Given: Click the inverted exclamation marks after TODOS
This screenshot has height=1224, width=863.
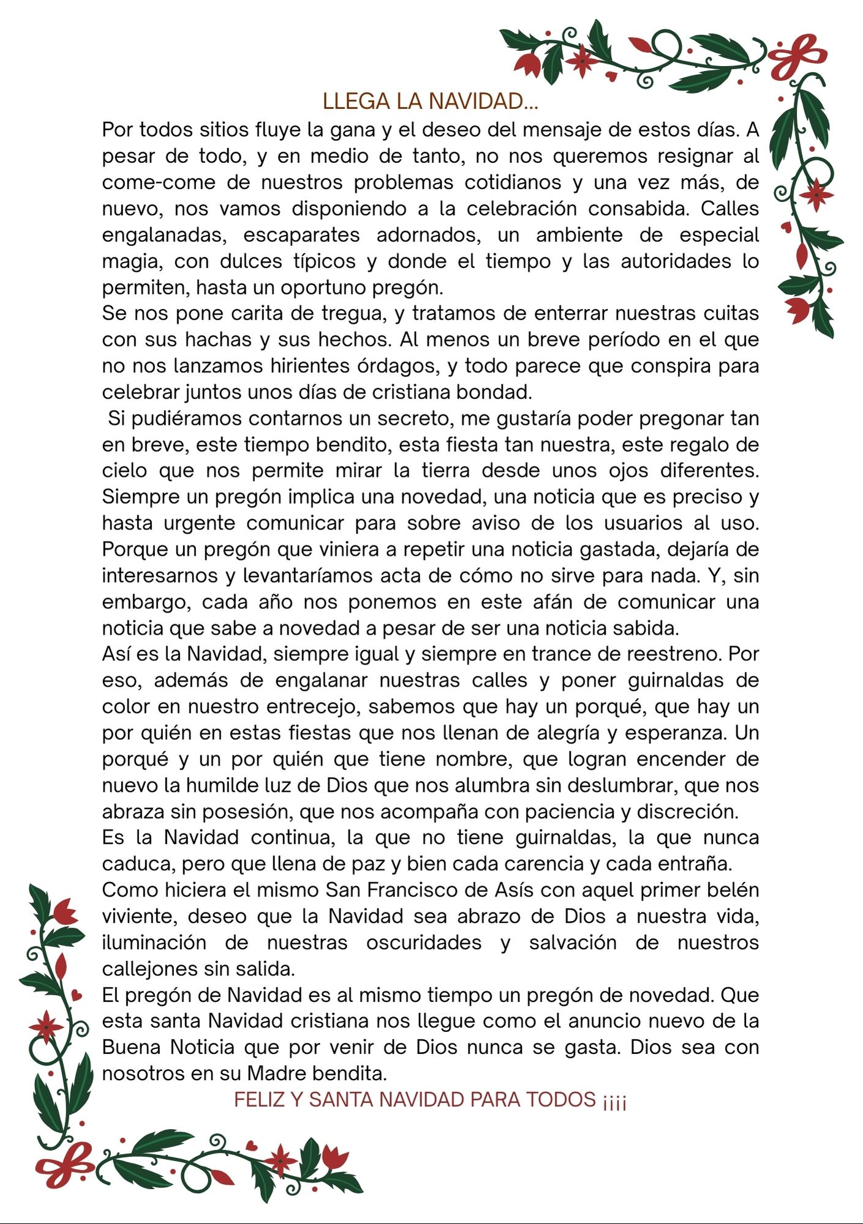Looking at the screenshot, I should [614, 1101].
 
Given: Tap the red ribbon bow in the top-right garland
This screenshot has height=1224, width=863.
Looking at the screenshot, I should [797, 55].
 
